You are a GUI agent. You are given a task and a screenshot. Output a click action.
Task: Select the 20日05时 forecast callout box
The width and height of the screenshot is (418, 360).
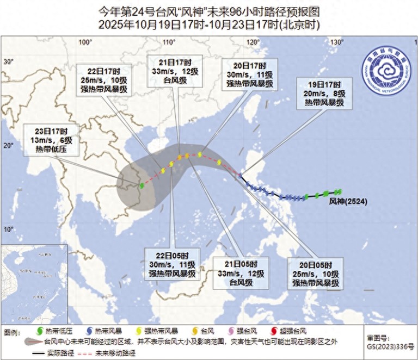(316, 270)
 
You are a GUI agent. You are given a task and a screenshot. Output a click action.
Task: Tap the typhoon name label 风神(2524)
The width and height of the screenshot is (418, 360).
(348, 201)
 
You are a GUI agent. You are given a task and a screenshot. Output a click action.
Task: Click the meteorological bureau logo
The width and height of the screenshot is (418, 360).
(386, 73)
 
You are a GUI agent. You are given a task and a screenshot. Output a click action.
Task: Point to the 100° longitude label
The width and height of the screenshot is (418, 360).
(85, 42)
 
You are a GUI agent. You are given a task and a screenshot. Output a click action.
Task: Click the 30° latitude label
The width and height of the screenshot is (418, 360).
(8, 62)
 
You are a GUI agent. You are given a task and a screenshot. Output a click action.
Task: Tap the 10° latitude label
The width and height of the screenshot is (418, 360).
(8, 229)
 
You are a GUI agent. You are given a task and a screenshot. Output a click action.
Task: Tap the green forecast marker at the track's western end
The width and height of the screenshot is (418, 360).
(142, 185)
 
